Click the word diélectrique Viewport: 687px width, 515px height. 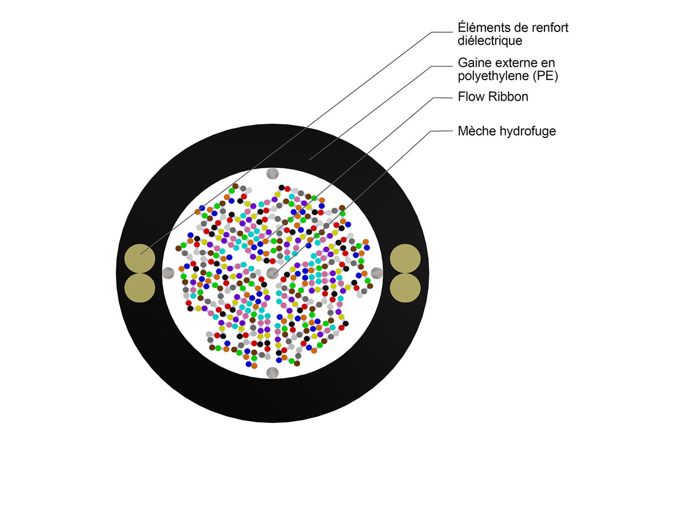point(490,41)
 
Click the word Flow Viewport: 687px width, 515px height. point(469,96)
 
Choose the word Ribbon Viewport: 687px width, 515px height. point(507,96)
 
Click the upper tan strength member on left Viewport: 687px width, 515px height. point(140,259)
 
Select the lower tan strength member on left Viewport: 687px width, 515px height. point(140,288)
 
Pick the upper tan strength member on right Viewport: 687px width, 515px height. point(405,259)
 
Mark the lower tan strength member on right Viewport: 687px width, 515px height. point(405,288)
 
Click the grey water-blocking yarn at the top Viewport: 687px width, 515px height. point(273,173)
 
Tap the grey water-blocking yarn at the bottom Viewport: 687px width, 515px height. point(273,373)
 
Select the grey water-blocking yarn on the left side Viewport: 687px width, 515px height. point(168,273)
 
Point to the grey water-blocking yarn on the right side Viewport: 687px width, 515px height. point(377,273)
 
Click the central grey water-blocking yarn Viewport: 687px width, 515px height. point(273,273)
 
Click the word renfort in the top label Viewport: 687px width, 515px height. point(550,27)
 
